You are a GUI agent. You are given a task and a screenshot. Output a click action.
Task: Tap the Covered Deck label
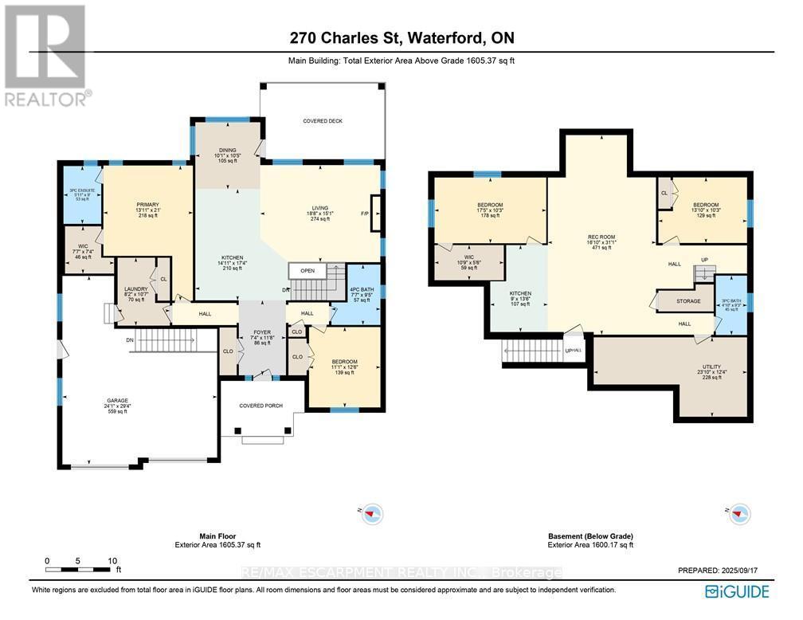pyautogui.click(x=323, y=121)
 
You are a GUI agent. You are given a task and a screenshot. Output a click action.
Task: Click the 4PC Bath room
pyautogui.click(x=361, y=294)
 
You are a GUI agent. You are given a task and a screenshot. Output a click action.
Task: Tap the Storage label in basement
pyautogui.click(x=688, y=301)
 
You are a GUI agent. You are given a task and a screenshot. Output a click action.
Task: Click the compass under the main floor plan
pyautogui.click(x=371, y=515)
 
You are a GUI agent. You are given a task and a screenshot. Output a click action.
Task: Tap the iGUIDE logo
pyautogui.click(x=737, y=591)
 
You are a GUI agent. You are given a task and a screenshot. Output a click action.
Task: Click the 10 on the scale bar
pyautogui.click(x=113, y=561)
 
